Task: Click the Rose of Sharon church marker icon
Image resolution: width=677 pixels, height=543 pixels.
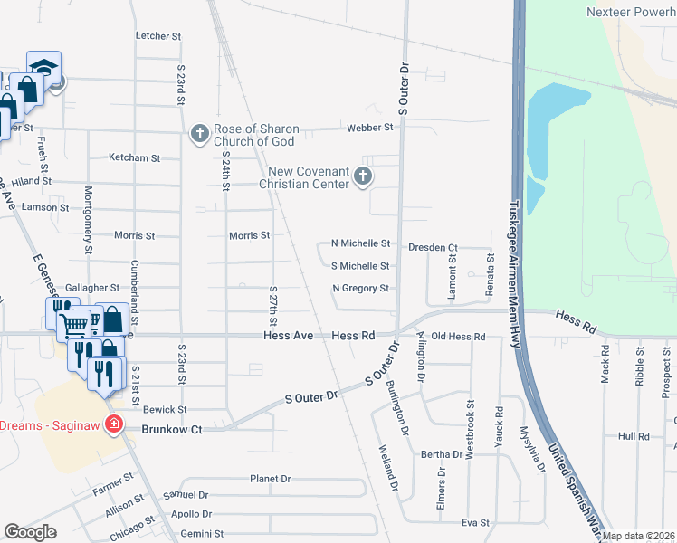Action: tap(200, 134)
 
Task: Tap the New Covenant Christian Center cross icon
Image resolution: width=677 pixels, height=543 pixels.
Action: tap(363, 176)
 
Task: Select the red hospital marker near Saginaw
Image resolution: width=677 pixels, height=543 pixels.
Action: tap(114, 424)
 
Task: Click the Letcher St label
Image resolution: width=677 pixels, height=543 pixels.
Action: tap(158, 36)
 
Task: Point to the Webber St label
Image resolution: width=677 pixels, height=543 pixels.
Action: tap(370, 128)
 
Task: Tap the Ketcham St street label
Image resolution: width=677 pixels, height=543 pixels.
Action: tap(134, 157)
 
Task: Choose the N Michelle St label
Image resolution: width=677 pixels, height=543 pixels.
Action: tap(360, 243)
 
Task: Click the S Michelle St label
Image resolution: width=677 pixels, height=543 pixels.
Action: tap(360, 266)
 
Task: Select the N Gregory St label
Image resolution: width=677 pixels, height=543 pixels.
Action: tap(360, 289)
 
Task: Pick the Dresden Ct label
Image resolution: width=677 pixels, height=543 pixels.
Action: tap(434, 247)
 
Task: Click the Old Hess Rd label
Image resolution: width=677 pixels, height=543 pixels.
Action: tap(458, 337)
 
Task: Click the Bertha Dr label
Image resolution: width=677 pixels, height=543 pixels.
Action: tap(443, 454)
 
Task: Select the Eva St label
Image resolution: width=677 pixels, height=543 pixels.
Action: tap(475, 523)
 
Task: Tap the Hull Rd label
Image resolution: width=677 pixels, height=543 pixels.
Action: tap(634, 436)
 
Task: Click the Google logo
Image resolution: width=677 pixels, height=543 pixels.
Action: tap(29, 532)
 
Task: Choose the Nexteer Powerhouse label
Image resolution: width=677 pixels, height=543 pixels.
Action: tap(629, 12)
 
